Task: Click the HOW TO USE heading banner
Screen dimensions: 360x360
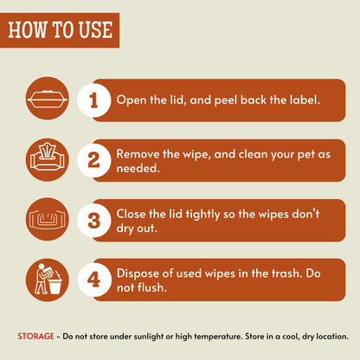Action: tap(60, 30)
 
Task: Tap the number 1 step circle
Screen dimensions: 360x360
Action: tap(93, 100)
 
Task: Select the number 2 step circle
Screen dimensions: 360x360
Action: tap(93, 160)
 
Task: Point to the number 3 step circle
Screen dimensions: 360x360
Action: tap(93, 221)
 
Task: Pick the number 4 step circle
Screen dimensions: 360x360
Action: tap(94, 280)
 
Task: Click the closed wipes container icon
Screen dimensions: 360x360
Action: tap(48, 99)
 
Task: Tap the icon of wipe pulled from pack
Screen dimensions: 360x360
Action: tap(48, 159)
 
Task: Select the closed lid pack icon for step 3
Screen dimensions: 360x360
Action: tap(48, 219)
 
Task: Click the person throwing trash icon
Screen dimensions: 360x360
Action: tap(48, 280)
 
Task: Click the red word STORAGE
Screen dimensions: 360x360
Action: tap(35, 337)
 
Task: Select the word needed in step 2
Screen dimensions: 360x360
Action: tap(138, 168)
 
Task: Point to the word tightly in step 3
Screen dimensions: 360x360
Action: tap(202, 215)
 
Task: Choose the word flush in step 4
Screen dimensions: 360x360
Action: tap(152, 287)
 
